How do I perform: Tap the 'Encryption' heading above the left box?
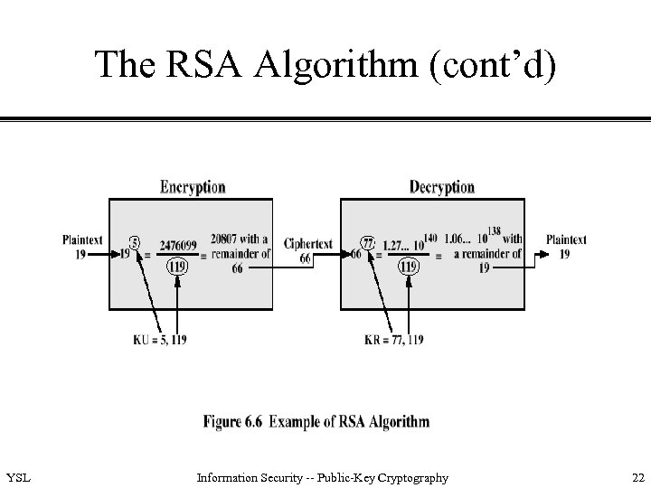[193, 187]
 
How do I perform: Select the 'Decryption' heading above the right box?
[441, 187]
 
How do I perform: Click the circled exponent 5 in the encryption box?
[134, 242]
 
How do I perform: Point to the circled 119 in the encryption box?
[178, 267]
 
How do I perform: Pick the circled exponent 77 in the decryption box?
[368, 242]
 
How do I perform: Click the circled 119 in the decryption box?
[409, 267]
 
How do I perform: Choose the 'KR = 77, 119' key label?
[392, 339]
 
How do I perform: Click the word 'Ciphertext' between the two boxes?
[307, 244]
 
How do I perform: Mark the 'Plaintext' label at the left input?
[82, 239]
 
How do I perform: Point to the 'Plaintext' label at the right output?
[566, 239]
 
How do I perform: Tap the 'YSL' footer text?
[17, 477]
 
